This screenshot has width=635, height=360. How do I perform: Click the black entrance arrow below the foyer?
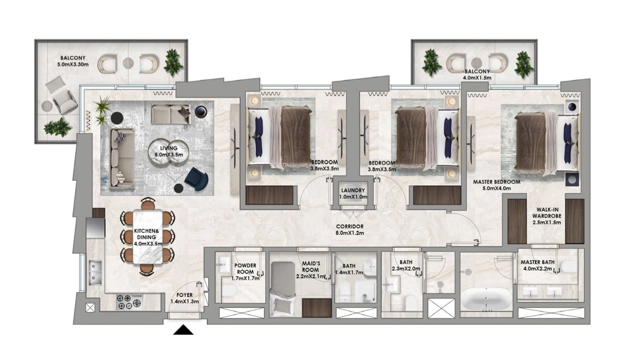184,330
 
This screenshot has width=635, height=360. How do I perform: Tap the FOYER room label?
185,295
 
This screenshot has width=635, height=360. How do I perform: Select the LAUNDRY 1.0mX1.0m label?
353,194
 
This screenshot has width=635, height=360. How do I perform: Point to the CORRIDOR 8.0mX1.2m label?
350,230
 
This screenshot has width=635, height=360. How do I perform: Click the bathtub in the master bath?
486,299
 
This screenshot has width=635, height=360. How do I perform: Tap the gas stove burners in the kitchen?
129,302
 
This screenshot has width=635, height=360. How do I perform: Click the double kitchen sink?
95,273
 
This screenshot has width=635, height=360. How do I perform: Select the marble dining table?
148,237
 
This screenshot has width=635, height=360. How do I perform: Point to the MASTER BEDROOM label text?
496,182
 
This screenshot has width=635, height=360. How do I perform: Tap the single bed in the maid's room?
283,289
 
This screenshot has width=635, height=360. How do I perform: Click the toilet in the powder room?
229,291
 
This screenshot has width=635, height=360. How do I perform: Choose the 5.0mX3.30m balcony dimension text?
73,64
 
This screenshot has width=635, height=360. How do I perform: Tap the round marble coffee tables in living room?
168,151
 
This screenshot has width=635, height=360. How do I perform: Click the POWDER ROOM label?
245,268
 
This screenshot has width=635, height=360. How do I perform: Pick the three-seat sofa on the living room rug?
123,158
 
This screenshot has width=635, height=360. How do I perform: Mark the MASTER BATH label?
538,262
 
